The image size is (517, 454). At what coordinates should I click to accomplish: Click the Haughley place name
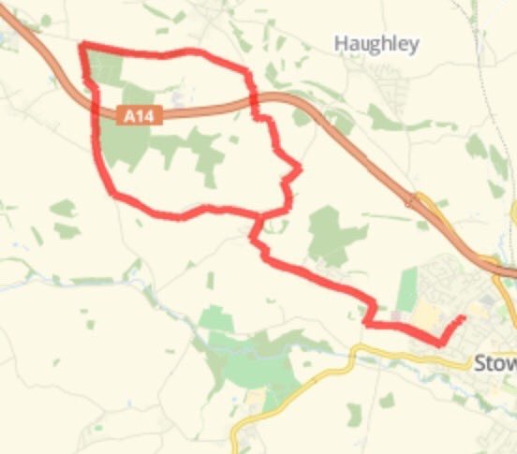[x=377, y=44]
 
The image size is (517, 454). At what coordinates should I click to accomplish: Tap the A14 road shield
[x=141, y=116]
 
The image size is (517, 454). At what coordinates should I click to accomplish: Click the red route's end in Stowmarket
[x=463, y=319]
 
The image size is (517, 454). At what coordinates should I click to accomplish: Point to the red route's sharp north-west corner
[x=83, y=45]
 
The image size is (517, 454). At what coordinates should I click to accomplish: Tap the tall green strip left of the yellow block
[x=406, y=289]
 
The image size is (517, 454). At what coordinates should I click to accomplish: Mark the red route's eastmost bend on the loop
[x=299, y=169]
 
